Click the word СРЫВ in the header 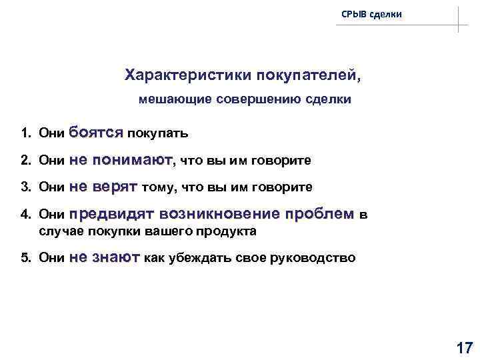click(x=353, y=13)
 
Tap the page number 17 click(x=463, y=347)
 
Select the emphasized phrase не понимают click(x=121, y=159)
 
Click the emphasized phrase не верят click(x=103, y=187)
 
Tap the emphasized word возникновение click(x=218, y=214)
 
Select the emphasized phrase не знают click(x=104, y=257)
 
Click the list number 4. click(x=24, y=215)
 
